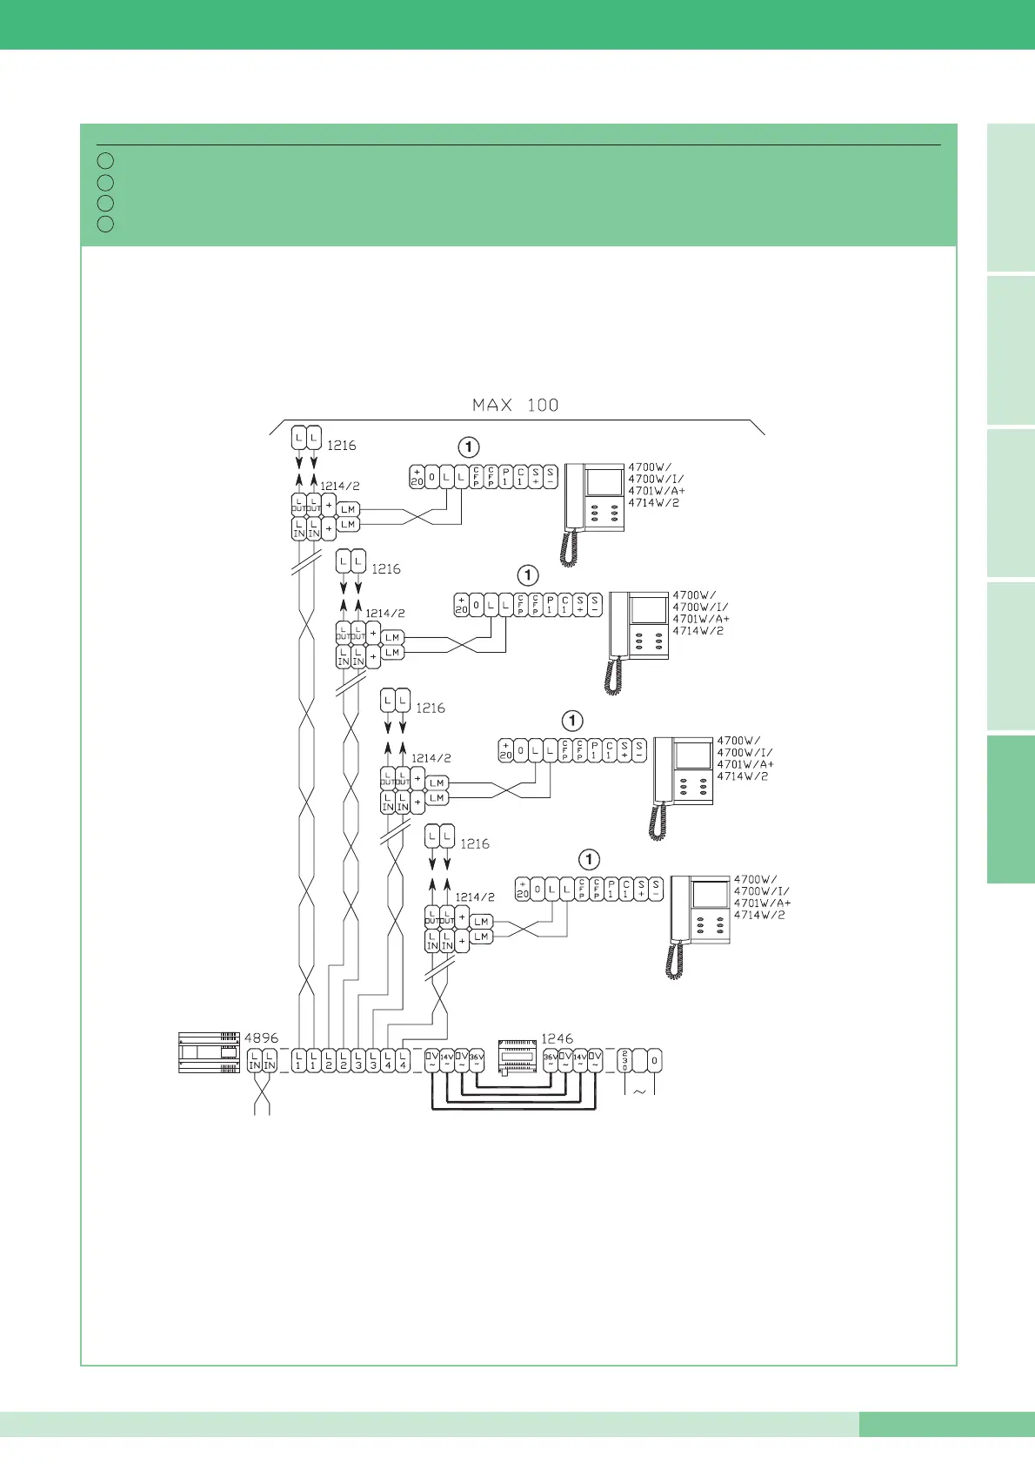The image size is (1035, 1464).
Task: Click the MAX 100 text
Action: click(x=515, y=405)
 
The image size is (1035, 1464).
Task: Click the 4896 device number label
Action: click(x=261, y=1038)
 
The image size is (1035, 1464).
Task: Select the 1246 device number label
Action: click(x=557, y=1038)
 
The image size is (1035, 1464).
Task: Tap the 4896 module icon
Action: click(x=209, y=1052)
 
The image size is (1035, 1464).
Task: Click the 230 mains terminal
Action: click(x=624, y=1061)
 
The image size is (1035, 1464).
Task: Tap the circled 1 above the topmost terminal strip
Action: click(x=469, y=447)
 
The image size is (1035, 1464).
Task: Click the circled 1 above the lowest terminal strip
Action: click(x=589, y=860)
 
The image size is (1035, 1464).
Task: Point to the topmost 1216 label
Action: click(x=341, y=445)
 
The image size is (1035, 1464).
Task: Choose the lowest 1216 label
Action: click(x=475, y=843)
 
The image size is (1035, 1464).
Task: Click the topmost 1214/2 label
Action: click(x=339, y=486)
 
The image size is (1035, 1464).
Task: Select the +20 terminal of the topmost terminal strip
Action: click(x=417, y=477)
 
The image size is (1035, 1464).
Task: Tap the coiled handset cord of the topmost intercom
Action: click(x=569, y=549)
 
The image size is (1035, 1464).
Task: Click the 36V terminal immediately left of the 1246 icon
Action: click(x=477, y=1060)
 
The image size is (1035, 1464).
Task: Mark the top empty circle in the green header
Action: click(x=105, y=161)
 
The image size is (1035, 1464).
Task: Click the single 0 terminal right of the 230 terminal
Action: click(x=655, y=1061)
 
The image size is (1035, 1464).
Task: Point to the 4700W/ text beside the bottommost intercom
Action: click(x=756, y=879)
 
